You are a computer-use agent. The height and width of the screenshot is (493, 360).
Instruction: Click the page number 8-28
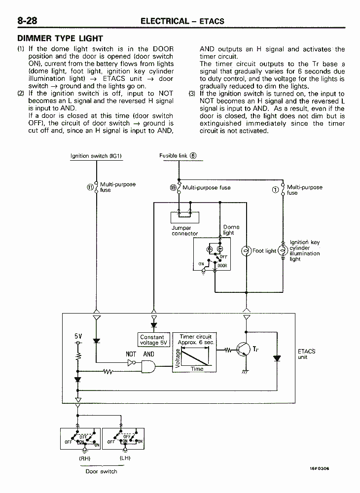[27, 21]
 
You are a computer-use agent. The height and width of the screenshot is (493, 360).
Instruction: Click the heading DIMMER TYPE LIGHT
[60, 38]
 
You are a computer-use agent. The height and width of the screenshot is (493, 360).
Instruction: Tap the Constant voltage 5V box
[154, 340]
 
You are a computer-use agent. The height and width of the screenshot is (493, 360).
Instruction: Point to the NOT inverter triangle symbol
[131, 363]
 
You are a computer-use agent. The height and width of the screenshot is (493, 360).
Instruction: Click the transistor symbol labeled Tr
[243, 350]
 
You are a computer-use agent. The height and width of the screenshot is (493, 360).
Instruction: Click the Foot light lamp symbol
[246, 251]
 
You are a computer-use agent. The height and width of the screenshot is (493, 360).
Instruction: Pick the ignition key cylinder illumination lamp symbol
[283, 250]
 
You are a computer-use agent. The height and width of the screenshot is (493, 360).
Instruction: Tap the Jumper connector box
[185, 217]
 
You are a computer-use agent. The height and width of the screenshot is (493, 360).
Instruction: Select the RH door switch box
[80, 439]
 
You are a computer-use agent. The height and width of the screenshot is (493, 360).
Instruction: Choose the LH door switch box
[123, 439]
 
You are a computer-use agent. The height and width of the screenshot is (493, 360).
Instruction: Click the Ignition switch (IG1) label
[96, 156]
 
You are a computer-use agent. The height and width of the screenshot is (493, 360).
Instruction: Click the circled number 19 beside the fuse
[173, 188]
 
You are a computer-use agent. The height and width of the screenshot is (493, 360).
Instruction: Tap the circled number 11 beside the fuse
[90, 187]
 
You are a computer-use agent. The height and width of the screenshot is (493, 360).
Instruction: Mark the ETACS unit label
[307, 354]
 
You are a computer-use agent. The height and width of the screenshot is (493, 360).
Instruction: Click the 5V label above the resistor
[78, 336]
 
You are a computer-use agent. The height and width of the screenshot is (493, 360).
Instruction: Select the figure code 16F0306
[320, 468]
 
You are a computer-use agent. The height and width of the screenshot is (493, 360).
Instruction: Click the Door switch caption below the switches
[101, 471]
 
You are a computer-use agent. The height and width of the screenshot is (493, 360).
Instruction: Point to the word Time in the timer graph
[197, 369]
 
